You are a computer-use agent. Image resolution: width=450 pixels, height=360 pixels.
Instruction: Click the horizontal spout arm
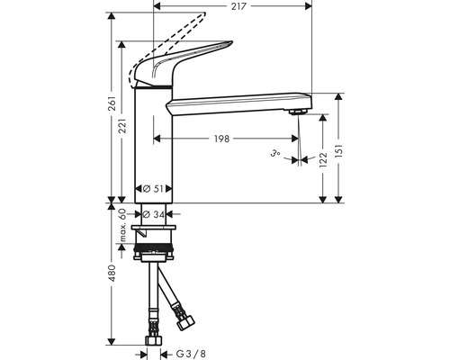238,101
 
